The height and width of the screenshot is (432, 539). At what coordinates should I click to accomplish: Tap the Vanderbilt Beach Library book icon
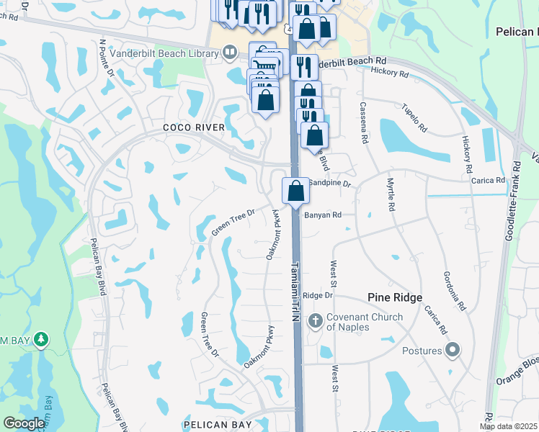point(229,52)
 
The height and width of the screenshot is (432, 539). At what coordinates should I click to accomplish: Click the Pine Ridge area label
point(394,297)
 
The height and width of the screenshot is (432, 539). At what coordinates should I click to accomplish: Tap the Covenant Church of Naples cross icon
point(315,320)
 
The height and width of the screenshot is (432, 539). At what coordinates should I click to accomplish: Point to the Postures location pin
point(453,351)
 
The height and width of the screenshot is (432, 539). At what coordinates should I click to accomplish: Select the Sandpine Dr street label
point(329,184)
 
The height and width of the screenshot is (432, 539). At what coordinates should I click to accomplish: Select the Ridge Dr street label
point(318,295)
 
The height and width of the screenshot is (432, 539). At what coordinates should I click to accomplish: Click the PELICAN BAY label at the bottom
point(217,425)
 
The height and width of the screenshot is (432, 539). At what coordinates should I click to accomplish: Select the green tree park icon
point(41,338)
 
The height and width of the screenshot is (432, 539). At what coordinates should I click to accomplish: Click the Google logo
point(24,424)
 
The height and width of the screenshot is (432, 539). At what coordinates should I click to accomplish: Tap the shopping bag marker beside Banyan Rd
point(295,191)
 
